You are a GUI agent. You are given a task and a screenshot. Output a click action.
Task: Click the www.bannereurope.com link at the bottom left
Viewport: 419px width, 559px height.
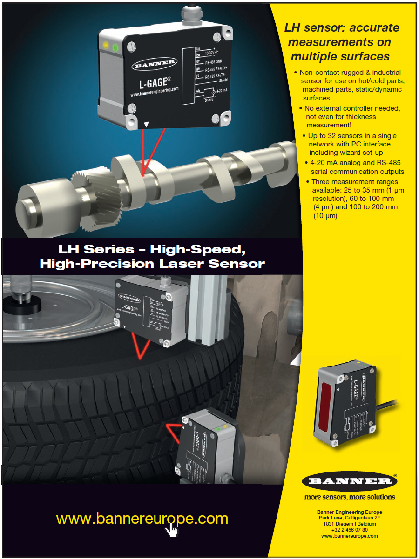click(x=142, y=519)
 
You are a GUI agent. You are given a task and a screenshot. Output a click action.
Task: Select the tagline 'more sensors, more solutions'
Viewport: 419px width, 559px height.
click(x=349, y=497)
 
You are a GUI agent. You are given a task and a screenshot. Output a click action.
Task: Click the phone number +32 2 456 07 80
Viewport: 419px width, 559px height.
click(x=349, y=530)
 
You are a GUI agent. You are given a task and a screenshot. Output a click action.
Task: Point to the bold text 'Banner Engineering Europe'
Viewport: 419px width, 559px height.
click(x=349, y=512)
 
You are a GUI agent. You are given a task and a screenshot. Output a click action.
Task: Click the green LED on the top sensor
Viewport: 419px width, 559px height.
click(x=115, y=47)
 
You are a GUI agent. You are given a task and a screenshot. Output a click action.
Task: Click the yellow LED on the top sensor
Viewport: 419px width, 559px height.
click(x=106, y=46)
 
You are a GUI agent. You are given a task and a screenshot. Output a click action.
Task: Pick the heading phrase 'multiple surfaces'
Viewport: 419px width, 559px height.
click(x=340, y=57)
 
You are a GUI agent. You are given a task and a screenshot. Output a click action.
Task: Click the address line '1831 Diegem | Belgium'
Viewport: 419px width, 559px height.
click(x=349, y=524)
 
